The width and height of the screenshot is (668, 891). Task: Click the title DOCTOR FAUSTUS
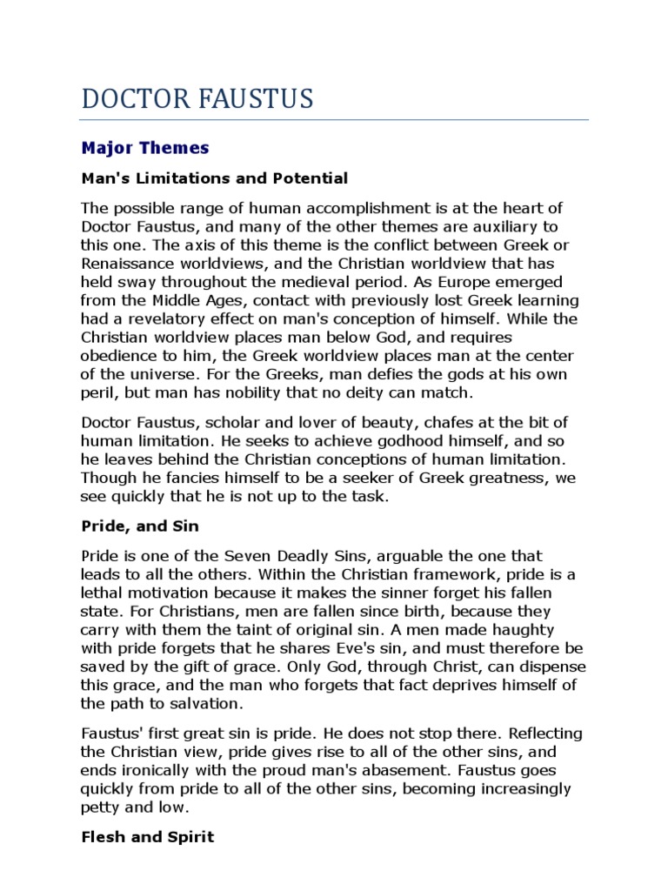[197, 99]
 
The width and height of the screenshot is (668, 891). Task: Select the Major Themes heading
[145, 148]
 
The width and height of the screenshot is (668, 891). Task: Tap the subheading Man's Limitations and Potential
[214, 178]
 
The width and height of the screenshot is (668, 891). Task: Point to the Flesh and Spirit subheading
[147, 838]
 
